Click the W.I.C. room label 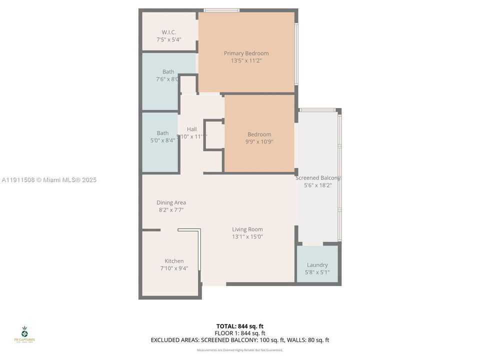click(x=168, y=32)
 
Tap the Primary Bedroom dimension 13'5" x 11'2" click(x=246, y=60)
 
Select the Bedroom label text click(x=259, y=134)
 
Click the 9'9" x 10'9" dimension click(x=259, y=141)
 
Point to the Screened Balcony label click(x=317, y=178)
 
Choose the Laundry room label click(x=317, y=265)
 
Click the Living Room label click(x=247, y=229)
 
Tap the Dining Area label click(x=171, y=202)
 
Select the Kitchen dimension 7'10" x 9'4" click(x=174, y=268)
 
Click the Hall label click(x=191, y=129)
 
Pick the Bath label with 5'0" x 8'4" click(x=162, y=133)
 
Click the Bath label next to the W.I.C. click(x=168, y=71)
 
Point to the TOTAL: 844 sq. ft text click(x=240, y=325)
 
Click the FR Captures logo click(x=24, y=334)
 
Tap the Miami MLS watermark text click(x=49, y=180)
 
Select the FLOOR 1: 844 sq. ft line click(x=240, y=333)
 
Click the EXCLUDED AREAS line click(x=240, y=340)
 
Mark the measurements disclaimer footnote click(x=240, y=350)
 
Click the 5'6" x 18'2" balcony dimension click(x=317, y=185)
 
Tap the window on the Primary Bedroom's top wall click(x=221, y=10)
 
